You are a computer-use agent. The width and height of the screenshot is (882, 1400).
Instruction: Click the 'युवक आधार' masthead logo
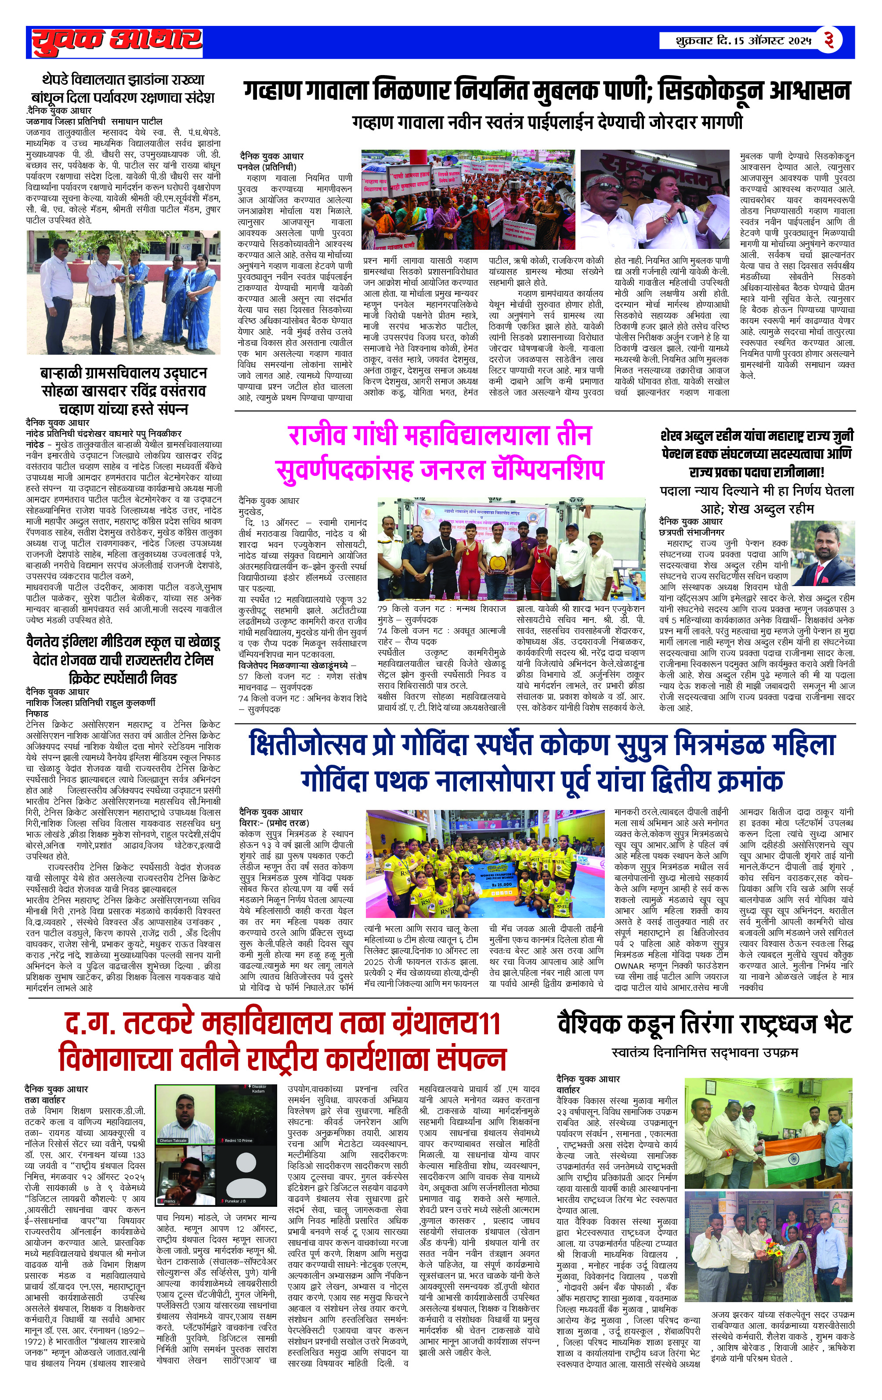[x=116, y=41]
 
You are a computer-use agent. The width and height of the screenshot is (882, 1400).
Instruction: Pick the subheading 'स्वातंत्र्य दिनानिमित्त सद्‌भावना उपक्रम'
[x=705, y=1052]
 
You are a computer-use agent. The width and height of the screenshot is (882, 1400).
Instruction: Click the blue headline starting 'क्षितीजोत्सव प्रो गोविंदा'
[x=541, y=745]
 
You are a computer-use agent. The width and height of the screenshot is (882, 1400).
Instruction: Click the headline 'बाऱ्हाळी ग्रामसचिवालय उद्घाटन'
[x=123, y=373]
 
